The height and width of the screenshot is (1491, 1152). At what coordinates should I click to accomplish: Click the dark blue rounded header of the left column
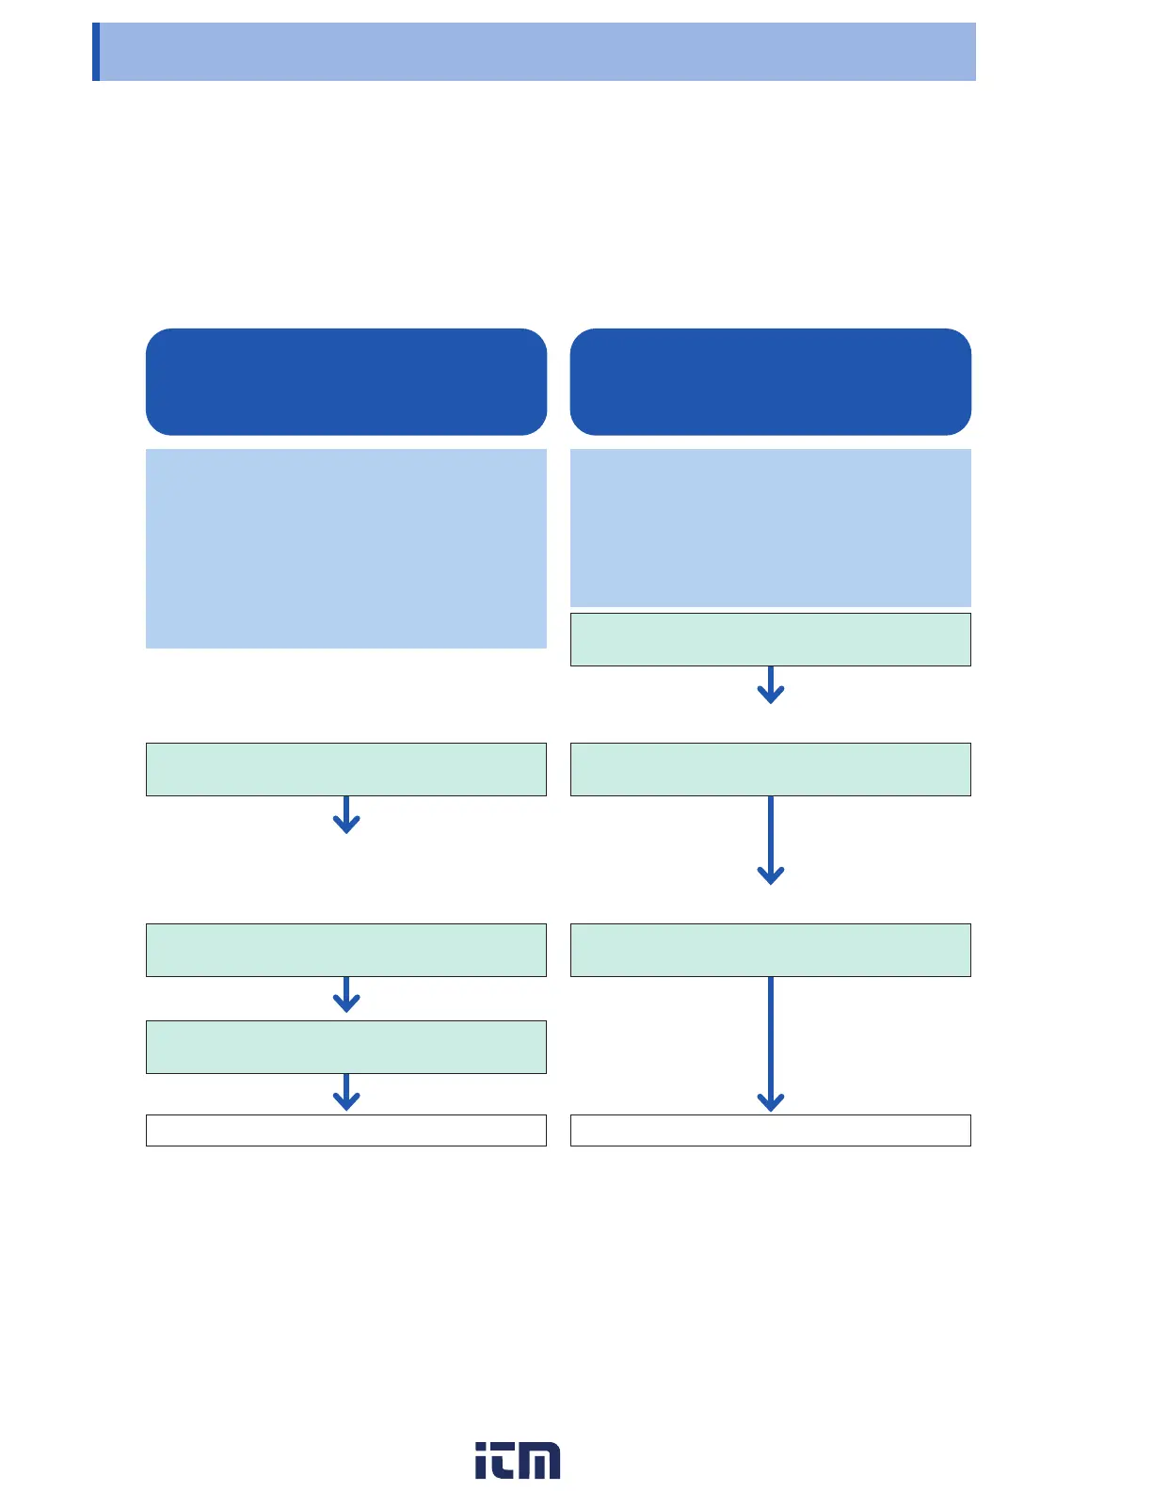pos(346,381)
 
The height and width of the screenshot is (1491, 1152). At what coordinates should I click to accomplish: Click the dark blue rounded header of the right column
pos(770,381)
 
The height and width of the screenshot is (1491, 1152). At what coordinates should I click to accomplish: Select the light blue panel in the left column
pos(346,548)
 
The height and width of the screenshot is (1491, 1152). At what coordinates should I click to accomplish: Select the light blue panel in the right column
pos(770,527)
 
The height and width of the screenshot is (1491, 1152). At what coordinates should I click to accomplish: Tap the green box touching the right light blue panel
pos(770,639)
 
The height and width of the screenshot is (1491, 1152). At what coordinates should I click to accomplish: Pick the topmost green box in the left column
pos(346,769)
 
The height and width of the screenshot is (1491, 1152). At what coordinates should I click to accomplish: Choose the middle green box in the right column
pos(770,769)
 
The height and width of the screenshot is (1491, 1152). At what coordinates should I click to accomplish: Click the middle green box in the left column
pos(346,950)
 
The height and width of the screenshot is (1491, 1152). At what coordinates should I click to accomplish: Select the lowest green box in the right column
pos(770,950)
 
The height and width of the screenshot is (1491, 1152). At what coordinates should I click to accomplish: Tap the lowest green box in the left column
pos(346,1047)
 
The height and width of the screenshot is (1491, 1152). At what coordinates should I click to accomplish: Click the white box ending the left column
pos(346,1130)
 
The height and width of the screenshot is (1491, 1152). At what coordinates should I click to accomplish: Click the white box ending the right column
pos(770,1130)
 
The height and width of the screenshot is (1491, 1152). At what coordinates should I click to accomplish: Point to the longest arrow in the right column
pos(770,1045)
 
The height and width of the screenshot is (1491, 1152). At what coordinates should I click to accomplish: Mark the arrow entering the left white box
pos(346,1093)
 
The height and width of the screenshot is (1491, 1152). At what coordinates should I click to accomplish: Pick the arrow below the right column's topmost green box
pos(770,685)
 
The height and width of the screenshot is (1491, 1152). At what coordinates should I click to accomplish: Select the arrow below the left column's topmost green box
pos(346,815)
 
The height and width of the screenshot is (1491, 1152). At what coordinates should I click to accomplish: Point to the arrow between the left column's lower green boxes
pos(346,995)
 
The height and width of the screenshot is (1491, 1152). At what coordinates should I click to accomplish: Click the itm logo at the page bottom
pos(518,1460)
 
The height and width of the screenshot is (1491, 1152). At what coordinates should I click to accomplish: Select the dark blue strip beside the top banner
pos(96,52)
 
